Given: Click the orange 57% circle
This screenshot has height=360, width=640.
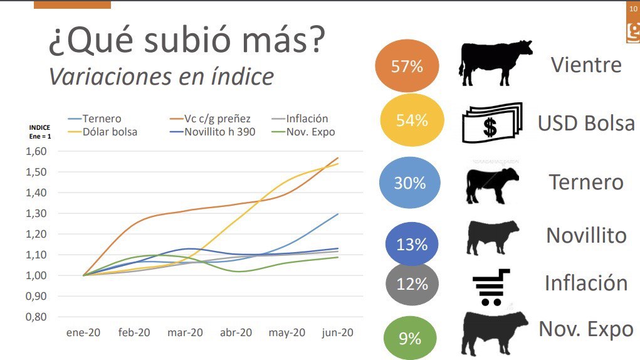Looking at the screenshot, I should pyautogui.click(x=406, y=66).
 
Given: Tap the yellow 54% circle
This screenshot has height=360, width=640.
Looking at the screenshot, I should pyautogui.click(x=411, y=120).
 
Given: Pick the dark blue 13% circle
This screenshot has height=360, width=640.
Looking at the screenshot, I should pyautogui.click(x=411, y=244).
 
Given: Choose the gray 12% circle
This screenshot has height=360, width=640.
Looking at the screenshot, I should pyautogui.click(x=411, y=284).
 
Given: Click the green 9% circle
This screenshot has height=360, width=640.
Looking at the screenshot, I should pyautogui.click(x=410, y=338).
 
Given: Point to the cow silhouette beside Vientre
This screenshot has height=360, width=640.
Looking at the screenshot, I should pyautogui.click(x=495, y=63).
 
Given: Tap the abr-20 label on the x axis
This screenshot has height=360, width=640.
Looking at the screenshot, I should pyautogui.click(x=236, y=333).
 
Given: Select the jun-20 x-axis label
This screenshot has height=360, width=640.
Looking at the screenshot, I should pyautogui.click(x=337, y=333).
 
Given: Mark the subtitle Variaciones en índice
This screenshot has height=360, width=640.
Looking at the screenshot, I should pyautogui.click(x=161, y=77).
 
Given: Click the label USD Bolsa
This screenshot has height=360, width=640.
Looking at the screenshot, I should pyautogui.click(x=585, y=124).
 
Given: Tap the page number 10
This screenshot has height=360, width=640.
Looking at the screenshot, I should pyautogui.click(x=633, y=9).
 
